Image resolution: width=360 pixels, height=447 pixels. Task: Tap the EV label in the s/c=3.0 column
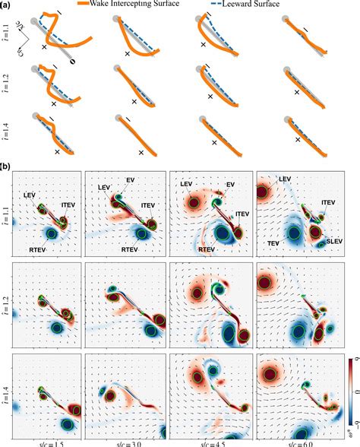pos(131,181)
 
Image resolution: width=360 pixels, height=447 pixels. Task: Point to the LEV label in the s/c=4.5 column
pos(186,184)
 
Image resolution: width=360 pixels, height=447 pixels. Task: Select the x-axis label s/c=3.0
pos(126,443)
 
